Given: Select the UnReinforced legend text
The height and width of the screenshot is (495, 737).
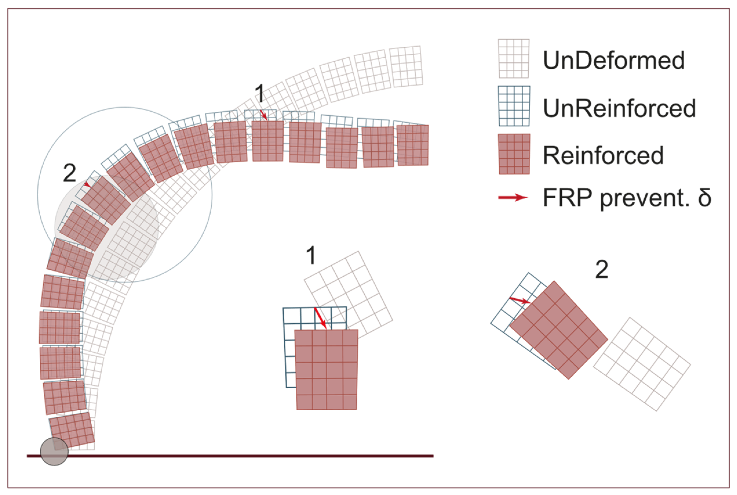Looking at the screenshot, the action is click(x=619, y=108).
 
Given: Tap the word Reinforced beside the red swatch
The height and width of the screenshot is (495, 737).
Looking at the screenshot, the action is click(x=603, y=155).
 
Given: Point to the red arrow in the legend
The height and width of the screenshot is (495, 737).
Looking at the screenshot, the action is click(x=512, y=197).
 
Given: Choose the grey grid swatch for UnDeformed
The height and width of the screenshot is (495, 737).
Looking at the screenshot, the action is click(x=513, y=58).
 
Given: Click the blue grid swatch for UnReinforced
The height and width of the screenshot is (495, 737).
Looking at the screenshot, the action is click(x=514, y=106).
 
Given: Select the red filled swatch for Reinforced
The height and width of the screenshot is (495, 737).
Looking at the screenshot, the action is click(x=514, y=154).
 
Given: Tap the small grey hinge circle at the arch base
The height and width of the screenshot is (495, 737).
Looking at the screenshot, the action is click(x=54, y=452).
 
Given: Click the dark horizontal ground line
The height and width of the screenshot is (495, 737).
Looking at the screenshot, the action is click(x=252, y=456).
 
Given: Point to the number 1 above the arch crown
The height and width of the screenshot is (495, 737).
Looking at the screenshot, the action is click(x=260, y=94).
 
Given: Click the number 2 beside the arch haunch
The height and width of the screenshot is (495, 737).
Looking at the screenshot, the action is click(x=69, y=173).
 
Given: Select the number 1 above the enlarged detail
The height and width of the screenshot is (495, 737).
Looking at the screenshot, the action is click(x=311, y=256).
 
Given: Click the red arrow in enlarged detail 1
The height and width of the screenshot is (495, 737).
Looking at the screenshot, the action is click(x=320, y=318).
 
